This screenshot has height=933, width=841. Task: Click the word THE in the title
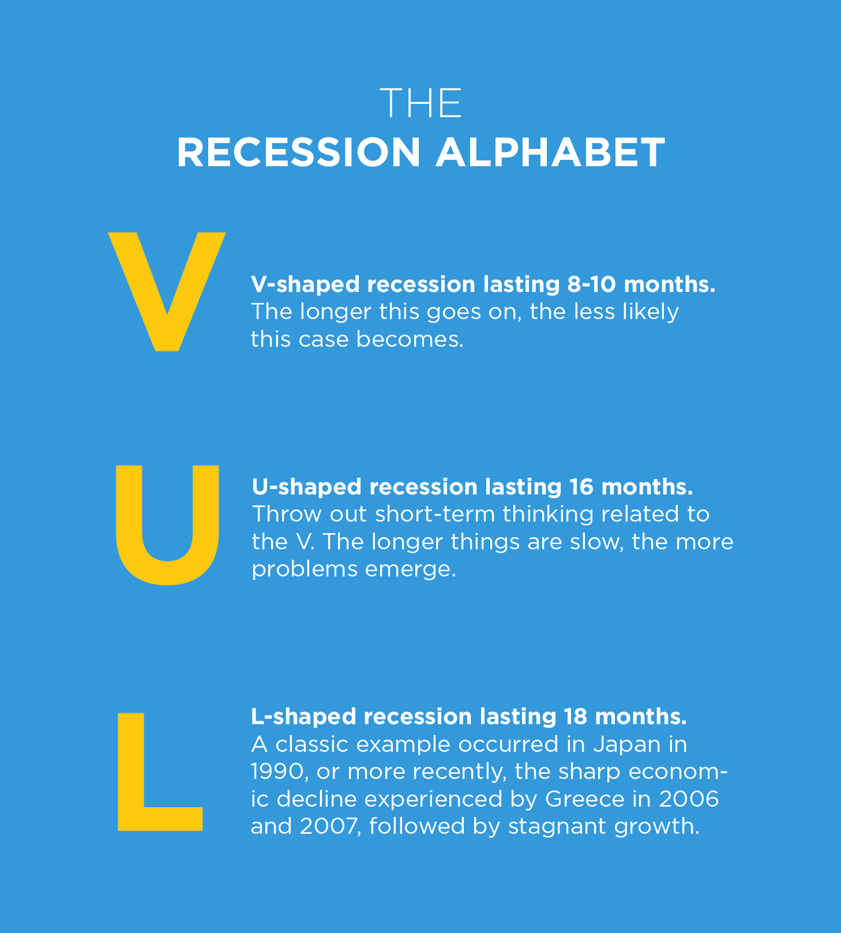click(x=421, y=104)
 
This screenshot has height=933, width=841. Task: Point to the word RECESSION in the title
click(x=299, y=153)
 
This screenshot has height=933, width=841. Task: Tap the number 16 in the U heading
click(x=581, y=486)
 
